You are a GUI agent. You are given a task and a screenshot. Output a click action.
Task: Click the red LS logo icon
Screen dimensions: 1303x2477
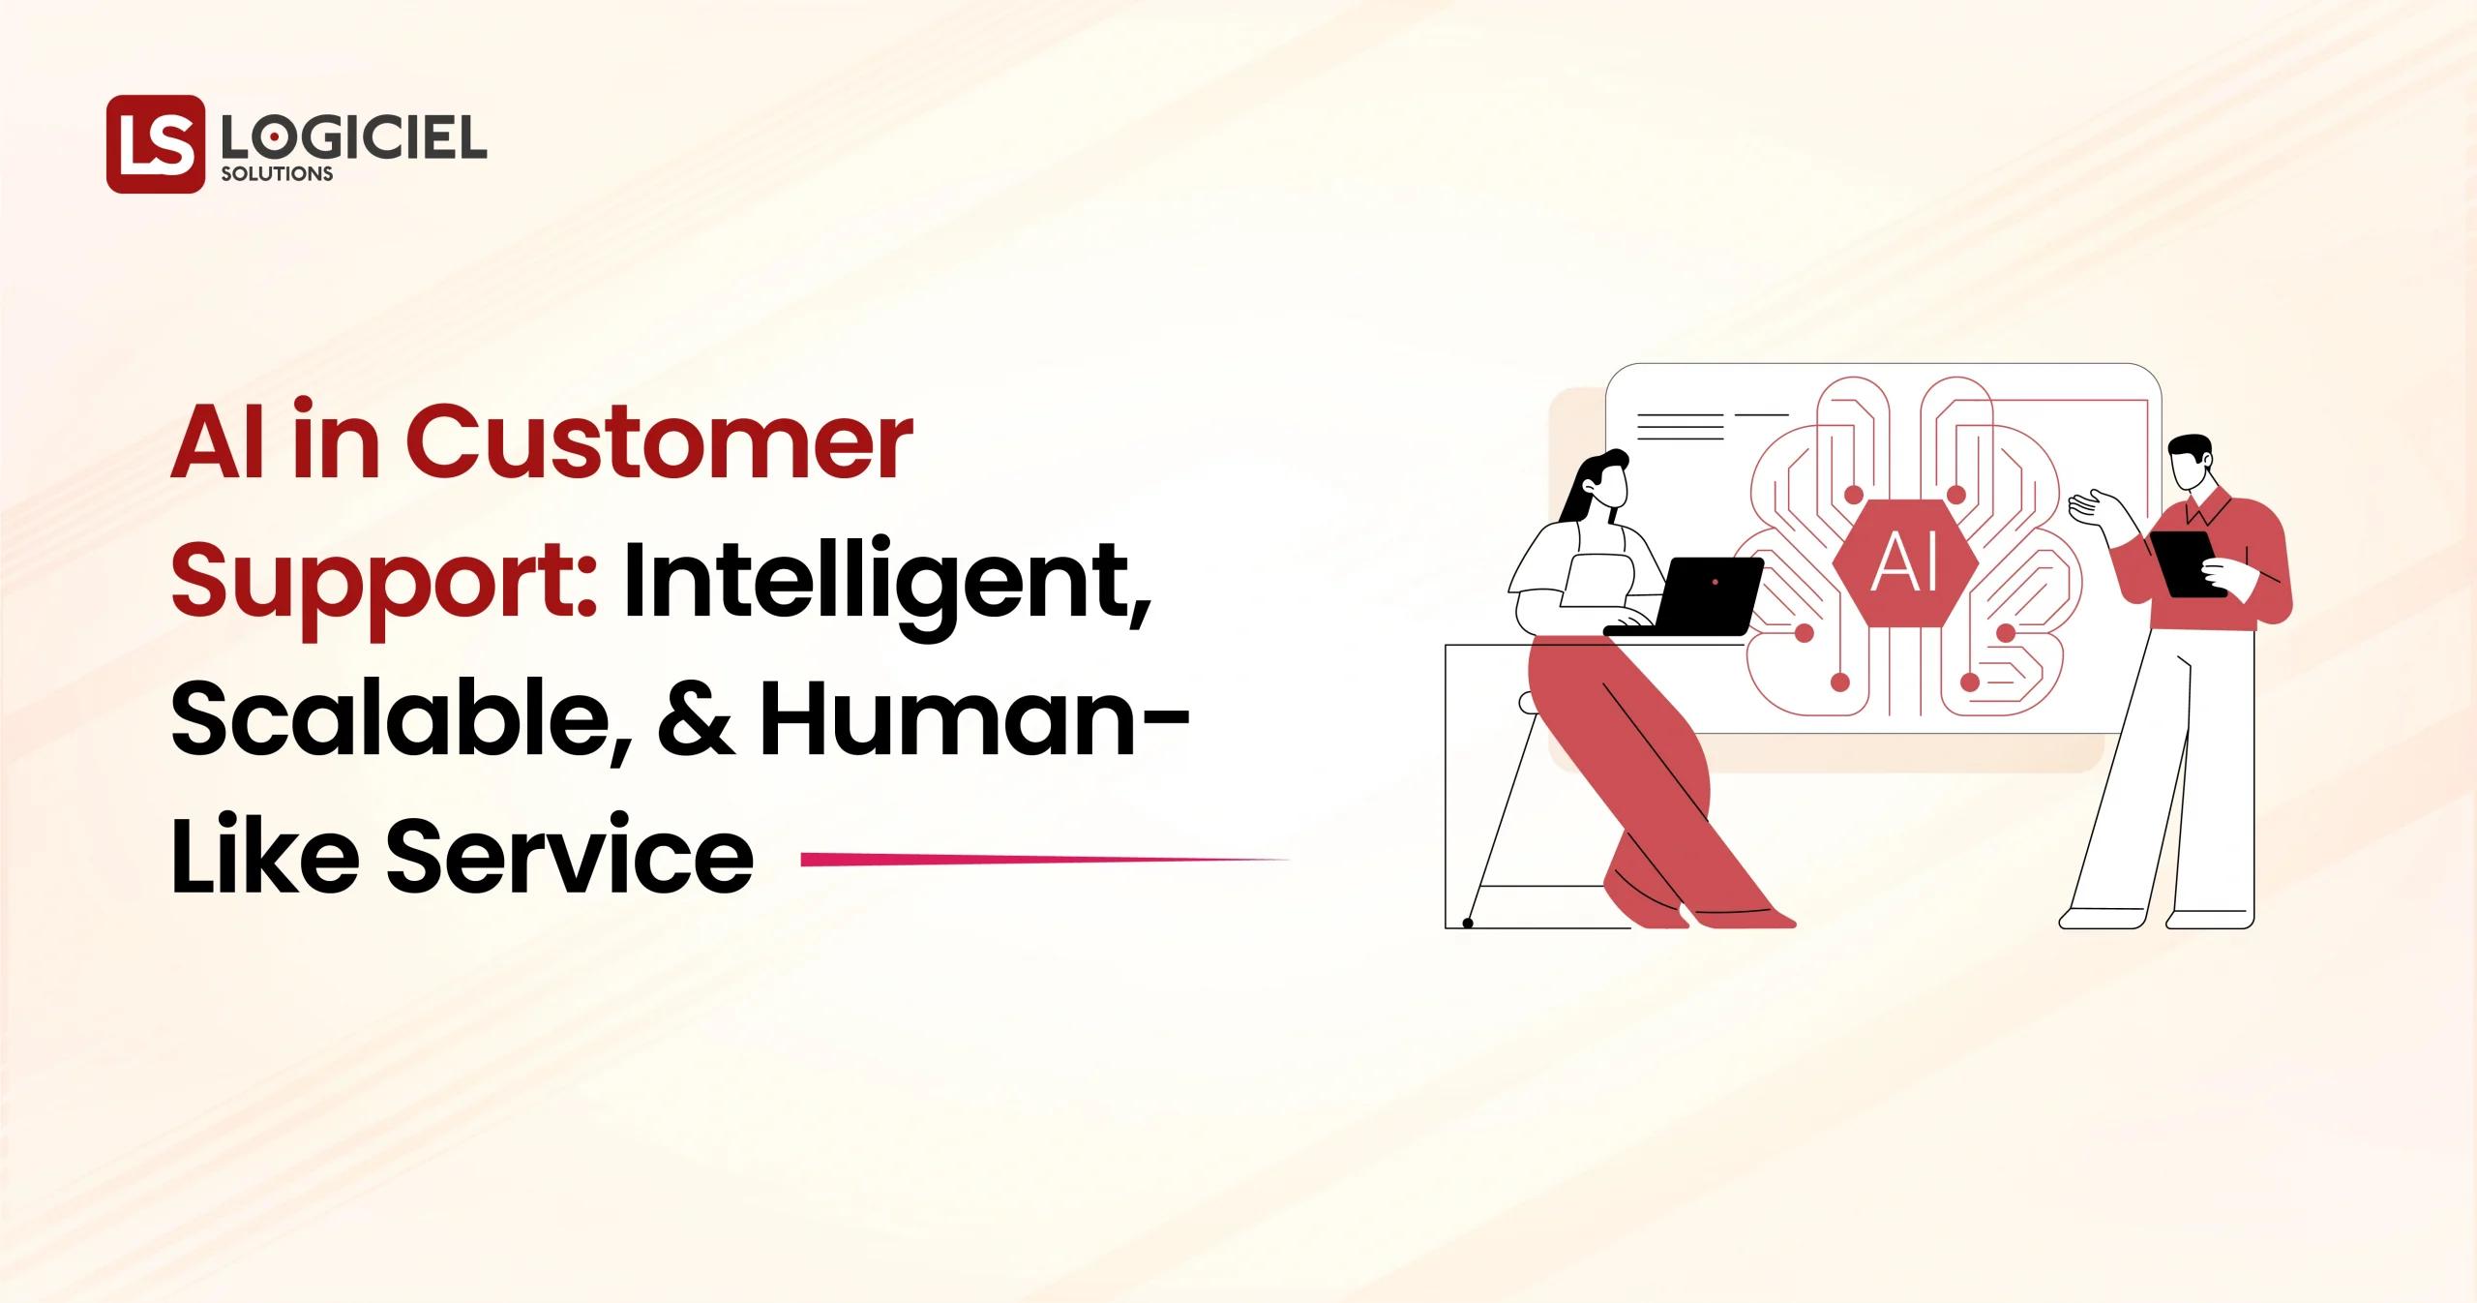tap(155, 144)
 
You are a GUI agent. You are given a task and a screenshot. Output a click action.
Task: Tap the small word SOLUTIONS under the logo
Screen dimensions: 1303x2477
tap(277, 175)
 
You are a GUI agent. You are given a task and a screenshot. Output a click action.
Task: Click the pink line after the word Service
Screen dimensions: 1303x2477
tap(1045, 858)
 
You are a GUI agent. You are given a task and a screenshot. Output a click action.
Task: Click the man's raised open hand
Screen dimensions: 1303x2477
tap(2092, 506)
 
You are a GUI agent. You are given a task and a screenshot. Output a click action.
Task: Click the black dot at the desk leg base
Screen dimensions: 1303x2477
tap(1468, 924)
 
